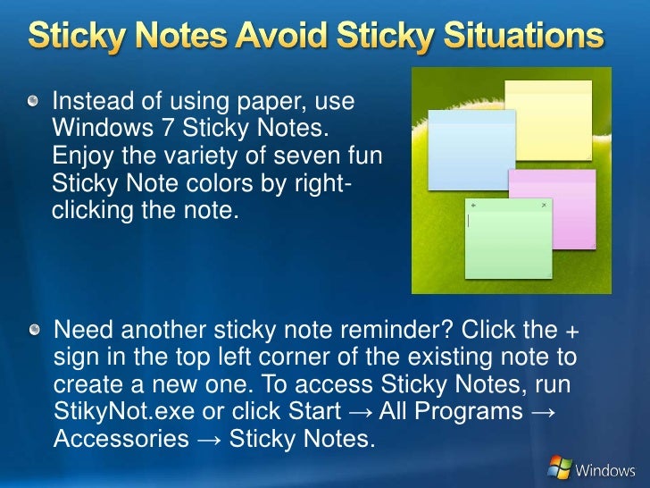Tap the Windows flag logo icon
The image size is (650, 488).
coord(560,467)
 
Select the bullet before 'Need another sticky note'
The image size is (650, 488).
coord(33,332)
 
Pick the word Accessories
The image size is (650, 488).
coord(121,440)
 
